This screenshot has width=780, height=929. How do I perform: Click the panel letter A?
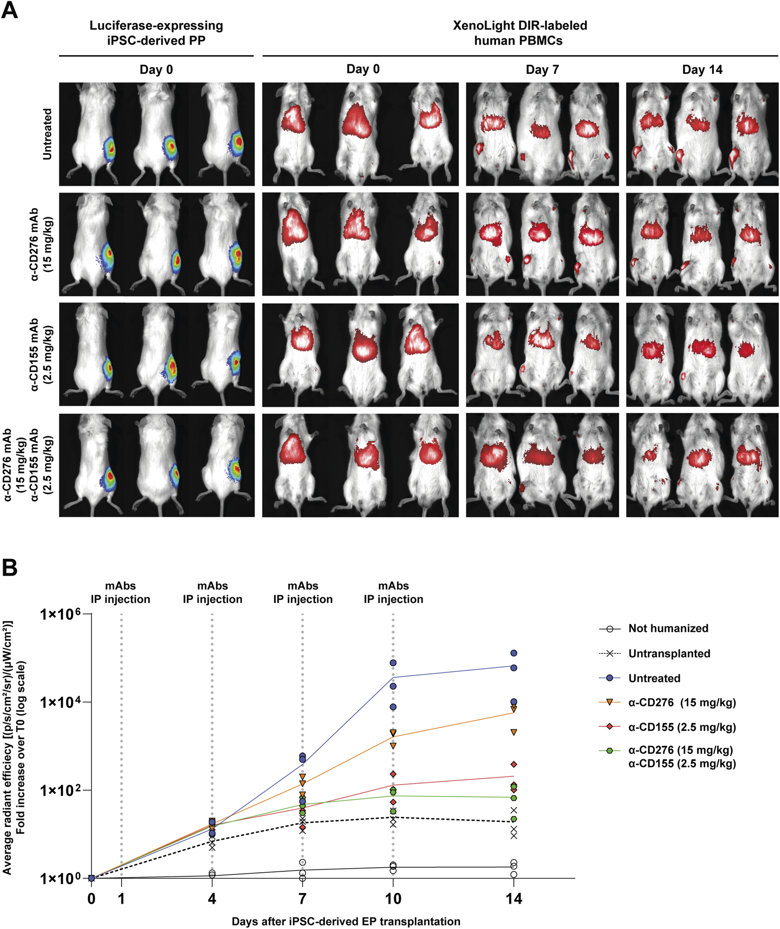coord(10,10)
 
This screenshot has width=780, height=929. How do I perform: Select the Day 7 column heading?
coord(542,70)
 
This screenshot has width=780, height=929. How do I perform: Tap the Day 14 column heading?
coord(702,70)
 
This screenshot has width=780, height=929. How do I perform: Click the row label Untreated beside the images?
coord(47,134)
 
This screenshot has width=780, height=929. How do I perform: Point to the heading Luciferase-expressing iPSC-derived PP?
coord(156,33)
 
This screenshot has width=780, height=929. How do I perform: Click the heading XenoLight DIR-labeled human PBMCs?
coord(519,33)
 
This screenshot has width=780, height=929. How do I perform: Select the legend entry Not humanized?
coord(668,628)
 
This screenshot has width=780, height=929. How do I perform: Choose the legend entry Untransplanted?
coord(669,653)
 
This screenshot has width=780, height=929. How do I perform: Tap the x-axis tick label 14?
coord(513,899)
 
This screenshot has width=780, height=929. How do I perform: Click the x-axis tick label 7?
coord(302,899)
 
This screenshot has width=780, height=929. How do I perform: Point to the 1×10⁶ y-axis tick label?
coord(61,614)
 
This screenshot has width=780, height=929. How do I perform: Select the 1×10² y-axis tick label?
coord(61,791)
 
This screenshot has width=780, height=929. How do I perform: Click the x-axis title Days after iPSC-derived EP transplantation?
coord(346,922)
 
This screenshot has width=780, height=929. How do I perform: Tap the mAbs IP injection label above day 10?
coord(393,592)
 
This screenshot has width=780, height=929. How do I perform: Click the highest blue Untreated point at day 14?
coord(513,653)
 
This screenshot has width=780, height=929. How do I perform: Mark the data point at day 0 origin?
coord(92,878)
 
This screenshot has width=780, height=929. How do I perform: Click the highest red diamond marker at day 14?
coord(513,764)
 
